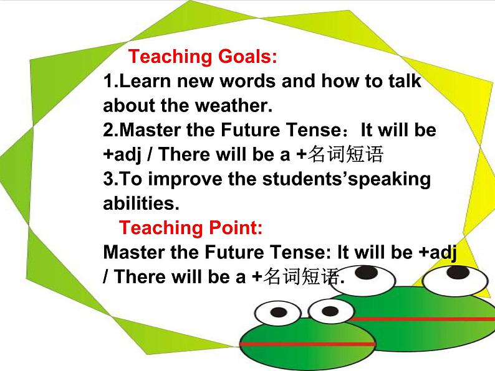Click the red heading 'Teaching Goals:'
point(203,57)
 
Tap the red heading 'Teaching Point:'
point(191,228)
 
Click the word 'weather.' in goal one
point(234,105)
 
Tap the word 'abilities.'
point(141,204)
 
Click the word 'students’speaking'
point(347,180)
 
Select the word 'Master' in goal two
point(150,130)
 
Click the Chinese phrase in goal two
point(345,154)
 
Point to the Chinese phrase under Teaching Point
point(301,276)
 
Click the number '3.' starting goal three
point(111,179)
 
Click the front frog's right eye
point(331,311)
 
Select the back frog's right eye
point(456,280)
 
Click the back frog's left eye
point(368,279)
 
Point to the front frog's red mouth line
point(307,344)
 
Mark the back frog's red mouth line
point(421,319)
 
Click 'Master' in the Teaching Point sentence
point(134,252)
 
